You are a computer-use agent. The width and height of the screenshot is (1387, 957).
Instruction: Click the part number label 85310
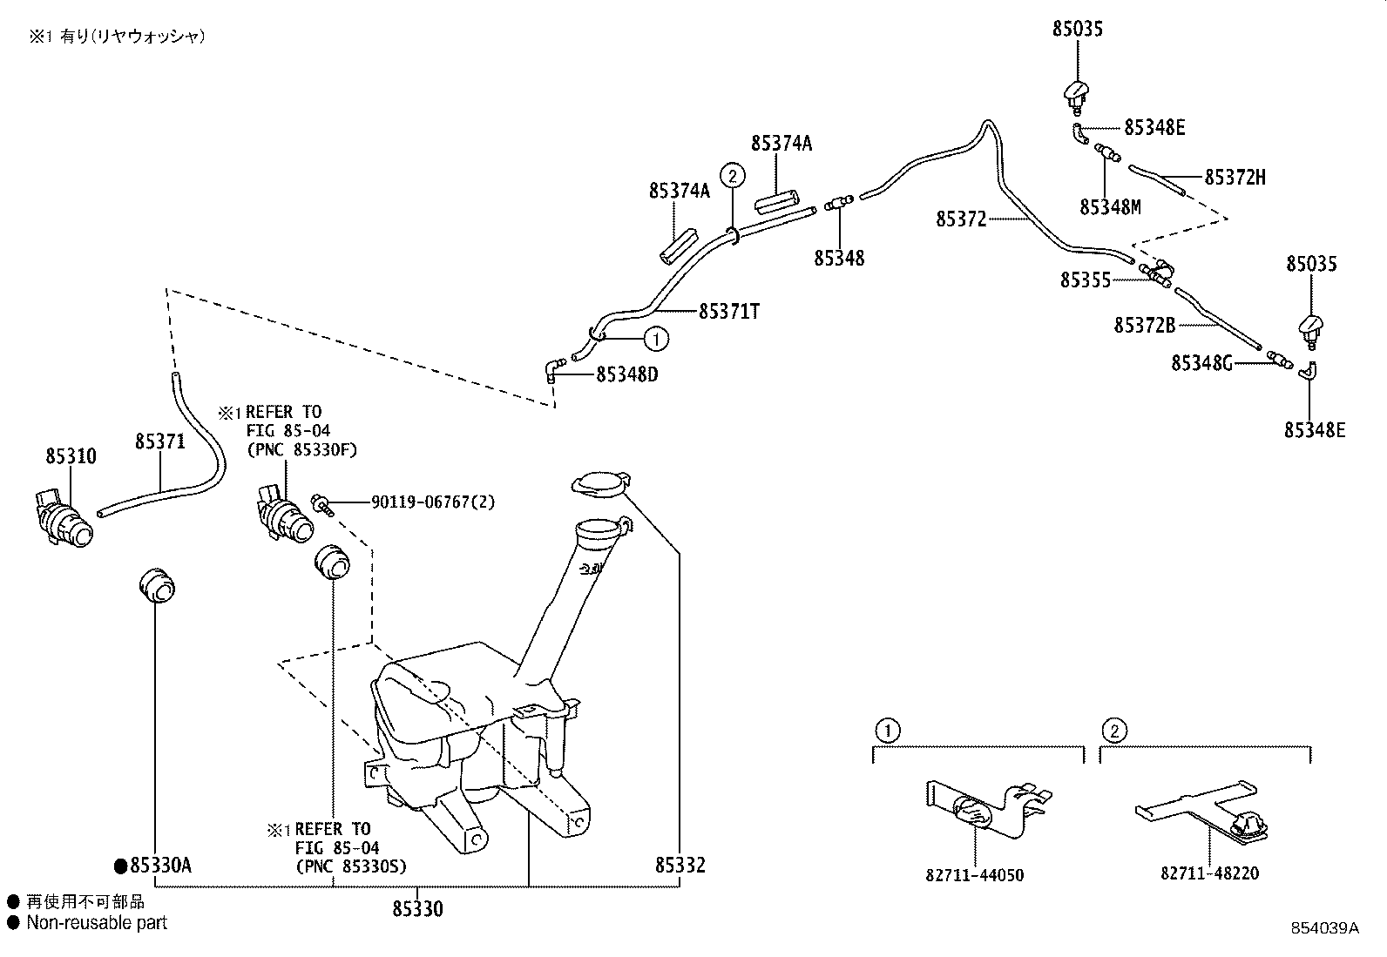tap(71, 456)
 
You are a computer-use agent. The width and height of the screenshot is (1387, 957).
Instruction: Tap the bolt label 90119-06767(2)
tap(433, 502)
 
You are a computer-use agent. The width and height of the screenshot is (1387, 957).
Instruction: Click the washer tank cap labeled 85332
tap(599, 484)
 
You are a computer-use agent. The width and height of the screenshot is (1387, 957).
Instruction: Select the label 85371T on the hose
tap(728, 311)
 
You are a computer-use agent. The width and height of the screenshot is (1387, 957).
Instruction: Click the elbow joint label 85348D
tap(626, 374)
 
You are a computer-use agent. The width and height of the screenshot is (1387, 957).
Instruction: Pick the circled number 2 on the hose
tap(733, 176)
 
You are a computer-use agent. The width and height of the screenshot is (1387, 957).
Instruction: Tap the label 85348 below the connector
tap(839, 259)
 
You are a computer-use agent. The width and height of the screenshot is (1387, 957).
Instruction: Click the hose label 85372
tap(961, 219)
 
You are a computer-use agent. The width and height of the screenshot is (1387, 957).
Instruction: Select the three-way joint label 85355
tap(1085, 280)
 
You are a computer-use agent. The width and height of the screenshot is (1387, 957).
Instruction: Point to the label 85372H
tap(1235, 178)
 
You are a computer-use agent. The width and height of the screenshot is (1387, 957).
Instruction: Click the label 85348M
tap(1109, 207)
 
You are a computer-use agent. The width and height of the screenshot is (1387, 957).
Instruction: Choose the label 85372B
tap(1144, 326)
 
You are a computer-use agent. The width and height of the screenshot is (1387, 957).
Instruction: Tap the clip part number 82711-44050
tap(974, 875)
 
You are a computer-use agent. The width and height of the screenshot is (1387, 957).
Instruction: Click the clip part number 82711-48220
tap(1209, 873)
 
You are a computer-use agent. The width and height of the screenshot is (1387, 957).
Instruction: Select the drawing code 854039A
tap(1324, 928)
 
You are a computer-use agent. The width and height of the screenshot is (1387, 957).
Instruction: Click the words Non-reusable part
tap(97, 922)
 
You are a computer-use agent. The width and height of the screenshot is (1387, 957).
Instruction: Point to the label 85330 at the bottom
tap(417, 909)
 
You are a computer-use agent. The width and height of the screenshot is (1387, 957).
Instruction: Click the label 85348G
tap(1201, 363)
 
